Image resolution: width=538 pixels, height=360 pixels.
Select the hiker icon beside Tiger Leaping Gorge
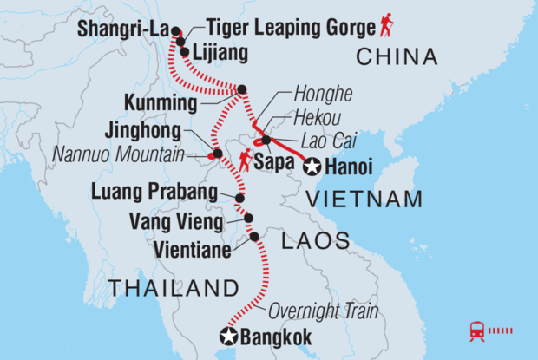point(387,28)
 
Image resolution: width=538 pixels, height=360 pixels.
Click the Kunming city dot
point(242,88)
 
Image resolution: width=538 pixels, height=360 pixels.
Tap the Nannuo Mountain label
point(128,157)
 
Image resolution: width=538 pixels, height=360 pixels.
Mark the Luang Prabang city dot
point(239,198)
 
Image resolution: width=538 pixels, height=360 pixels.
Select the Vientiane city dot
point(254,236)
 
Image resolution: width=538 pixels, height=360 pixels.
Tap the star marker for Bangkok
point(228,337)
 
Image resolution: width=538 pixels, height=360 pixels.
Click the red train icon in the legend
point(477,330)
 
